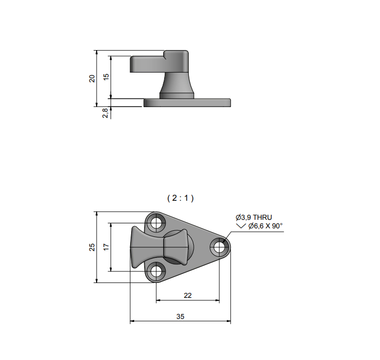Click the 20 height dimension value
[x=92, y=79]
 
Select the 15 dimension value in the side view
[x=106, y=77]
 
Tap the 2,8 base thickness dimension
[x=105, y=113]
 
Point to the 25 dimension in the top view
[x=92, y=247]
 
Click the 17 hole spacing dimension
[x=106, y=247]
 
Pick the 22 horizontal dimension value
[x=188, y=295]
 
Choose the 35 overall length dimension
[x=180, y=316]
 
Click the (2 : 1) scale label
[x=181, y=198]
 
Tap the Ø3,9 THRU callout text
[x=254, y=217]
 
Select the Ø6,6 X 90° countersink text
[x=266, y=226]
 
